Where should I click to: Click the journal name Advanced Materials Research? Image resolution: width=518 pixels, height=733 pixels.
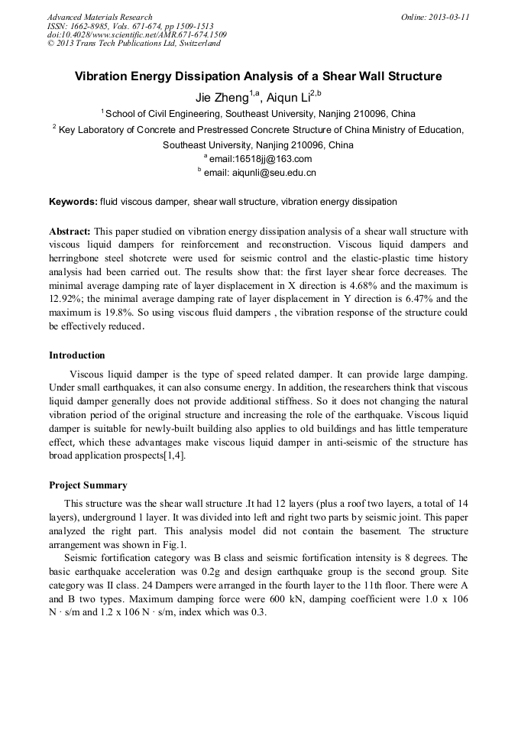99,17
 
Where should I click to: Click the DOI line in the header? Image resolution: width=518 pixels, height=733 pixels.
137,34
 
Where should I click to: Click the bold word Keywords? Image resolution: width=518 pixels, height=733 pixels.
73,202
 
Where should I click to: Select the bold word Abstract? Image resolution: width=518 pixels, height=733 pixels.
70,231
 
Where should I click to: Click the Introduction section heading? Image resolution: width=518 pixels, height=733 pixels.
77,355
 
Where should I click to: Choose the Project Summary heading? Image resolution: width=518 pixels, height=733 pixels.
88,485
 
